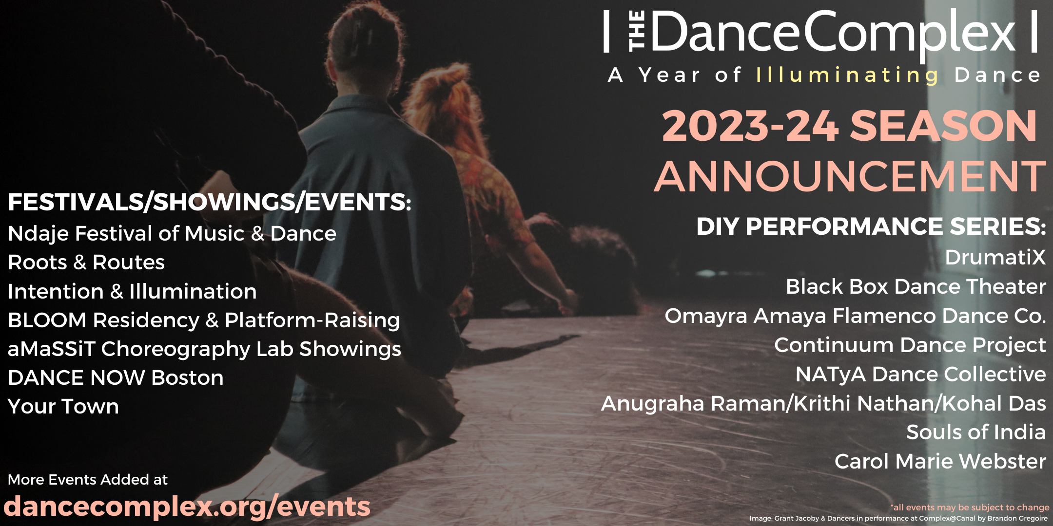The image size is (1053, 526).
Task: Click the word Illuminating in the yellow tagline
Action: coord(847,75)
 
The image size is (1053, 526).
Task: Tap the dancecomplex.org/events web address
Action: coord(187,507)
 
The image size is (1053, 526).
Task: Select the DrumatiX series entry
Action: coord(995,257)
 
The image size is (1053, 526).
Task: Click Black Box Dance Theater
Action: coord(916,286)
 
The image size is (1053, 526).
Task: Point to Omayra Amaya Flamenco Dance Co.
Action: coord(856,316)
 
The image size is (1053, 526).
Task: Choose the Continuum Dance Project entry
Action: coord(910,345)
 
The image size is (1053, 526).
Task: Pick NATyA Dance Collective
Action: coord(921,374)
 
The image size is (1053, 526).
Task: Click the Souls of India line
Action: coord(976,432)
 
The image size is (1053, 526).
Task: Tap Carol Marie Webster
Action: coord(940,461)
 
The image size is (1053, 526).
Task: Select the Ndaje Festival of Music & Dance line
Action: coord(172,233)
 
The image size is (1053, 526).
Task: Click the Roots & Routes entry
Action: coord(86,262)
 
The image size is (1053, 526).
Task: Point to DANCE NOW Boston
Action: coord(116,377)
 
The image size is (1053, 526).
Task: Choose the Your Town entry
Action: coord(63,406)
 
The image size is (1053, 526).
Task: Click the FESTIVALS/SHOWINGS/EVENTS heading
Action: coord(210,202)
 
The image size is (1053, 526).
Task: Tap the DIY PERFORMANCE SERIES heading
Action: coord(871,226)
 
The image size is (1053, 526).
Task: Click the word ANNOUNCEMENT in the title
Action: coord(850,176)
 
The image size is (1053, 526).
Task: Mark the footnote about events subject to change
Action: coord(970,507)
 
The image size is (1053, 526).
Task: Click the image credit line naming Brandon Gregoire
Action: coord(898,518)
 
